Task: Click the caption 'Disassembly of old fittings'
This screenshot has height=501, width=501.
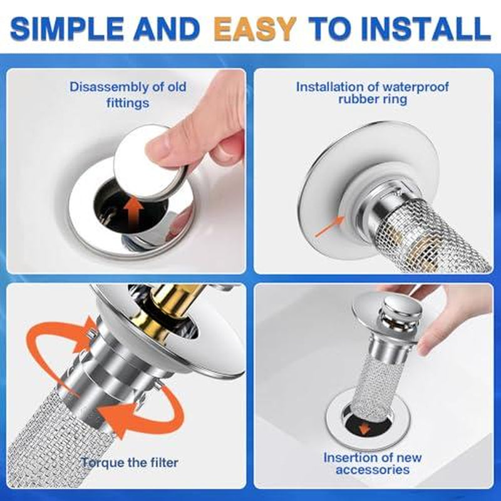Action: pos(128,94)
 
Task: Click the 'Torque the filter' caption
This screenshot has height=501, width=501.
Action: pos(130,463)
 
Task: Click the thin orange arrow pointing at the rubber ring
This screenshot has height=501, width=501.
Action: pos(328,226)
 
